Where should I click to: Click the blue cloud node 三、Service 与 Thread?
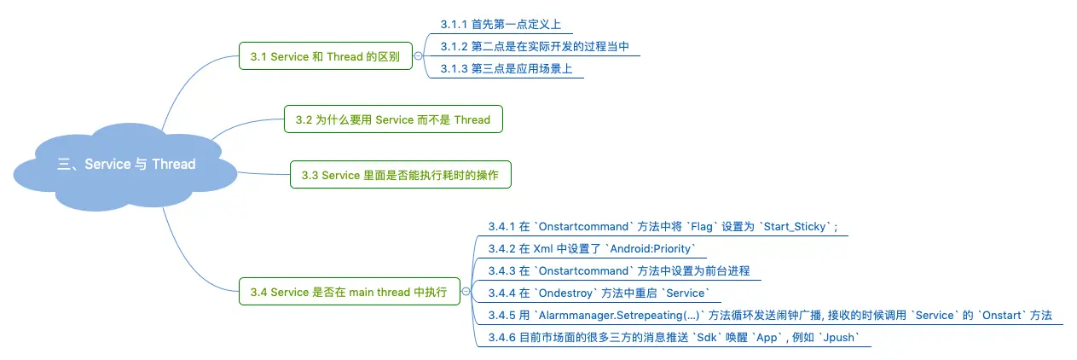click(x=126, y=164)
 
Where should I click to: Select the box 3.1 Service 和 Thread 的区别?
click(x=325, y=56)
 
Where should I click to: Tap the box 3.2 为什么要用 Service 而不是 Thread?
click(x=393, y=119)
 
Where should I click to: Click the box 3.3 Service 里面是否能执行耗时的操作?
click(x=400, y=176)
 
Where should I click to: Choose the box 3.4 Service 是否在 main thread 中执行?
click(x=348, y=292)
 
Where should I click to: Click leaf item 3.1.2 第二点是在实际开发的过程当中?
click(x=535, y=46)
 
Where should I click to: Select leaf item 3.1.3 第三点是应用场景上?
click(x=506, y=68)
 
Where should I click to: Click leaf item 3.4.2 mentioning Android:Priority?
click(x=592, y=248)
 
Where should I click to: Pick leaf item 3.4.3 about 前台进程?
click(x=618, y=270)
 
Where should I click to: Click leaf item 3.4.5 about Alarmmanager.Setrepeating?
click(x=769, y=316)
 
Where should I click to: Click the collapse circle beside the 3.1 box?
click(x=418, y=56)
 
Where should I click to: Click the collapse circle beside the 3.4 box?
click(x=466, y=292)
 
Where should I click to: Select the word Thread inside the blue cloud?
click(x=173, y=164)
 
